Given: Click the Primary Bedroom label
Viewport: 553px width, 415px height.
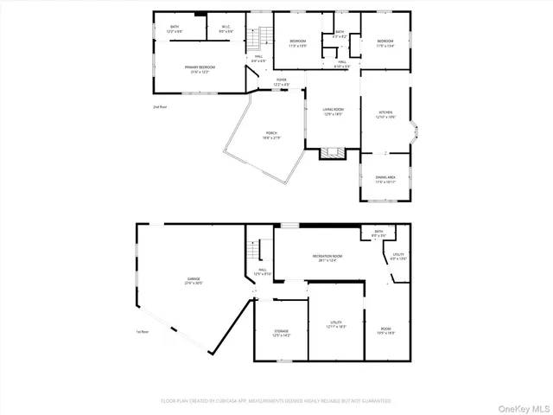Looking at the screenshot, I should click(199, 69).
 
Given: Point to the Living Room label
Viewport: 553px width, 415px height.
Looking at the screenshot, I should click(333, 112).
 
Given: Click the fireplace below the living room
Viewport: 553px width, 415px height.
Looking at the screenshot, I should click(331, 154).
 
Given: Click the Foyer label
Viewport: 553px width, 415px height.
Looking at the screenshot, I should click(282, 82).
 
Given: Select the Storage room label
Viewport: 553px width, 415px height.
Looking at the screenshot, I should click(282, 332).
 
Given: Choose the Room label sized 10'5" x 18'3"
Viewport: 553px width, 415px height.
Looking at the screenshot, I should click(385, 329).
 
